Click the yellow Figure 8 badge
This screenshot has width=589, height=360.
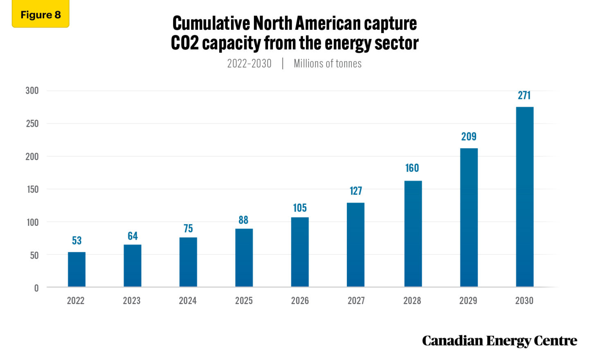pos(40,15)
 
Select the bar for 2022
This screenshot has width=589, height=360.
pos(76,269)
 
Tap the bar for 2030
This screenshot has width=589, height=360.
pos(524,197)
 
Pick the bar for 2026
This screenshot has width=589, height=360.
pos(300,252)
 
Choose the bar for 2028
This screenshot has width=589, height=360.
pos(413,234)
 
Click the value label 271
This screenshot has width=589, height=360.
pos(524,95)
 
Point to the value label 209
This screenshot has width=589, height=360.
pos(469,137)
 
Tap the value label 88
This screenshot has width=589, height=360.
pos(243,220)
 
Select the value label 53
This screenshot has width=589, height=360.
pos(76,241)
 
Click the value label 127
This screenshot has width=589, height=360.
pos(355,191)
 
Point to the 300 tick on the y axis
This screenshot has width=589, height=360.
pos(32,90)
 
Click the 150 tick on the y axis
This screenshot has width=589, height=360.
pos(32,189)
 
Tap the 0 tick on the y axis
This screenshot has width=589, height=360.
pos(36,288)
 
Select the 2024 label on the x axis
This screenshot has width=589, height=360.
pos(188,301)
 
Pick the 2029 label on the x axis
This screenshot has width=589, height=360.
pos(468,301)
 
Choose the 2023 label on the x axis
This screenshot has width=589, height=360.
pos(132,301)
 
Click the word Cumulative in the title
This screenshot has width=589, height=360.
pos(211,23)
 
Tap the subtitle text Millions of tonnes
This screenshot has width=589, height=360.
pos(328,64)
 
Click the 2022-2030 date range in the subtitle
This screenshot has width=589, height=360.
pos(249,64)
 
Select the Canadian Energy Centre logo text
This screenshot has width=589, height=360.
pos(499,341)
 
